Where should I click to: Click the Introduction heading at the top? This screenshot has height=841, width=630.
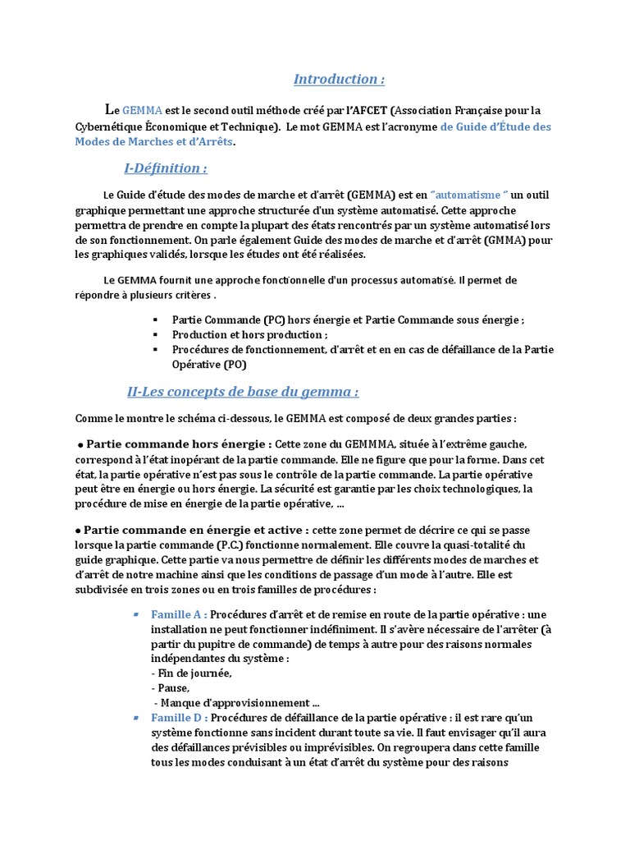[339, 80]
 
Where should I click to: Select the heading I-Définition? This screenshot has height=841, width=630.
[165, 168]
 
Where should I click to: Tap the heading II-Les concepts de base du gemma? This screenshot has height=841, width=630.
[244, 392]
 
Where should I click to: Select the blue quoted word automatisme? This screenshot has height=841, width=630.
[470, 195]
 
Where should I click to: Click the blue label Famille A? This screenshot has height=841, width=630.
[178, 614]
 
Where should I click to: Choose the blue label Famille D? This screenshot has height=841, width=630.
[178, 717]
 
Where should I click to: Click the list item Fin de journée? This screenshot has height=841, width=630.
[191, 673]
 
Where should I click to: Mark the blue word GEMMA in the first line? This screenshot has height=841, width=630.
[142, 110]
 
